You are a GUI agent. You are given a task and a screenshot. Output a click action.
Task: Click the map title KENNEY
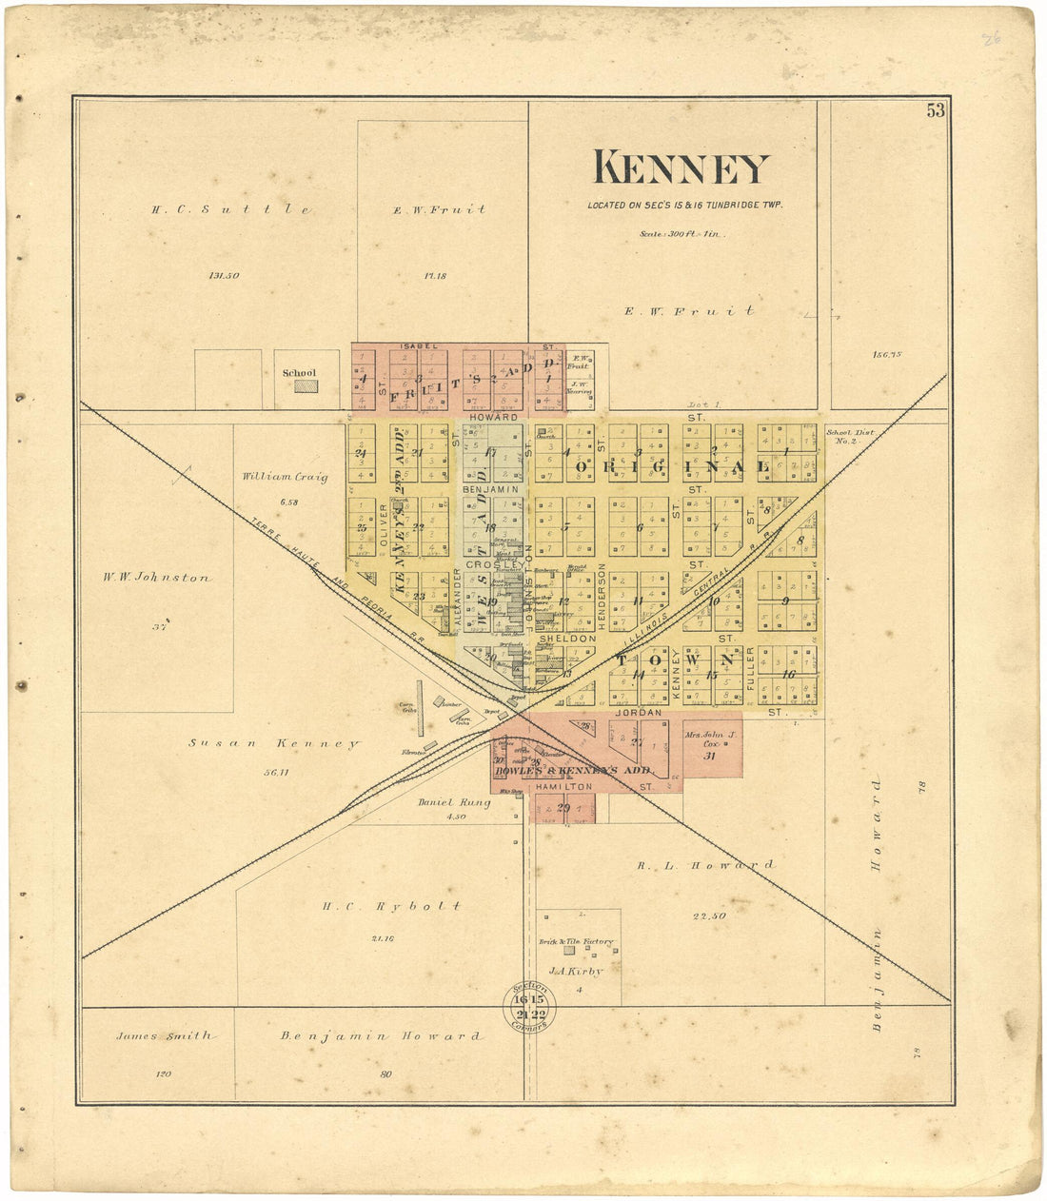pos(681,169)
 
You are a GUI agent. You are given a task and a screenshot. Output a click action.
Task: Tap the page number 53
pos(936,110)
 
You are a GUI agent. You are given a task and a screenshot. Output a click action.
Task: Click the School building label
pos(299,373)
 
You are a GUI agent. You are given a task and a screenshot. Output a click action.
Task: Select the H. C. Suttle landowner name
pos(231,209)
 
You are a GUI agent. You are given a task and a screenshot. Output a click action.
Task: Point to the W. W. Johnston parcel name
pos(158,577)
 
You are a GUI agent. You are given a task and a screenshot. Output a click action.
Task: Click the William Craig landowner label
pos(285,477)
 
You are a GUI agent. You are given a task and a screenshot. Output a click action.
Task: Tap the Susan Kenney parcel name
pos(273,743)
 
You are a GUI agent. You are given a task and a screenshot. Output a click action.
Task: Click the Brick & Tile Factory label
pos(576,941)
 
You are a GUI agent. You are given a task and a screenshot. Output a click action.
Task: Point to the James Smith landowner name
pos(165,1035)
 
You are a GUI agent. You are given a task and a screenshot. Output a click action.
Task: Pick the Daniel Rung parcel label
pos(453,802)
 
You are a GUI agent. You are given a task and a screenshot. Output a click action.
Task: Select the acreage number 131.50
pos(225,276)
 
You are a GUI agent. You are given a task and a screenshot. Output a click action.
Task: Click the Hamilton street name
pos(564,787)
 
